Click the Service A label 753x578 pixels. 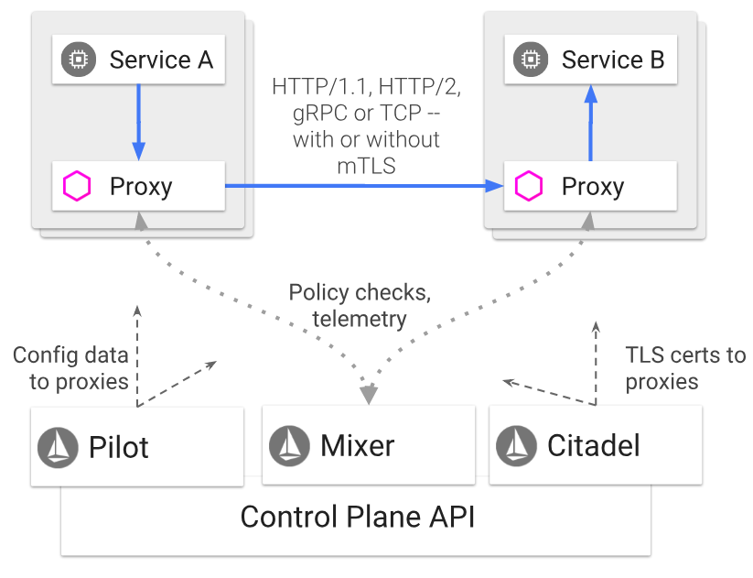(161, 60)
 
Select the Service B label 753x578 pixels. (613, 60)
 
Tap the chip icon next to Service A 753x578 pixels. (80, 60)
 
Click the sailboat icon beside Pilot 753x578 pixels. (57, 446)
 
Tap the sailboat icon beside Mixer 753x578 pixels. (288, 445)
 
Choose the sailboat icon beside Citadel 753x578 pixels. (515, 446)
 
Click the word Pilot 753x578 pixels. (119, 447)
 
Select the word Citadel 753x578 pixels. (594, 446)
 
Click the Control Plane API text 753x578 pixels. (358, 517)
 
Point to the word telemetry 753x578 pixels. (359, 319)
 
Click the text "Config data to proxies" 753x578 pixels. (70, 368)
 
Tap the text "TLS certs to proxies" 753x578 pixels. (685, 368)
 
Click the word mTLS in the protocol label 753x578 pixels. (366, 165)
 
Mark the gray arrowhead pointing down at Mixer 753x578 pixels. (369, 395)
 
